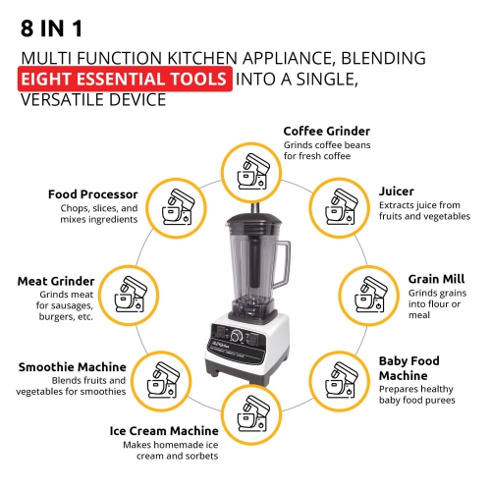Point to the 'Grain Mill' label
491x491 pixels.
436,278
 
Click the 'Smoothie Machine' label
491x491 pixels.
73,367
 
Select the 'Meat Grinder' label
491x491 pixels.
57,281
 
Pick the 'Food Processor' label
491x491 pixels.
90,193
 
